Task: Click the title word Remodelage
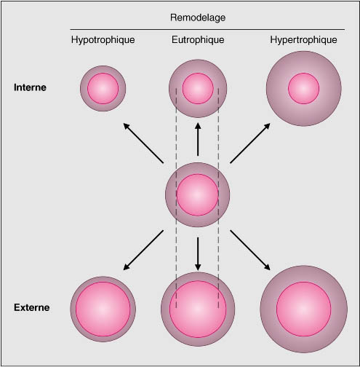(198, 18)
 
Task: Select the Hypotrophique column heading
(103, 40)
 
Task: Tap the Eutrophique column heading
(198, 40)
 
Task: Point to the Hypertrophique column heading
(303, 40)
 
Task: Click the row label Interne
(30, 87)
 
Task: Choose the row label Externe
(32, 307)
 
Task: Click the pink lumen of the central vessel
(198, 195)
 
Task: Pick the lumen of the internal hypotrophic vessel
(103, 89)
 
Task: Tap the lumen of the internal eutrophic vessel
(198, 88)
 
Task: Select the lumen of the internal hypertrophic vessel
(304, 89)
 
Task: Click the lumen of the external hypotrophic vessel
(103, 309)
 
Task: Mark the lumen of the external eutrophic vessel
(198, 309)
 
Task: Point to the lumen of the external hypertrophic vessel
(304, 309)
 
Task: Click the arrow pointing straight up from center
(198, 139)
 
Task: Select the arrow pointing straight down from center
(198, 254)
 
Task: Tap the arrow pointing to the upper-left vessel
(143, 143)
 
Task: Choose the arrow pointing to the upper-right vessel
(250, 143)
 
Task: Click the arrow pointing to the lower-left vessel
(143, 250)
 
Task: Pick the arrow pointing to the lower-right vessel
(250, 250)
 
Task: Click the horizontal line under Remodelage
(207, 30)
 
